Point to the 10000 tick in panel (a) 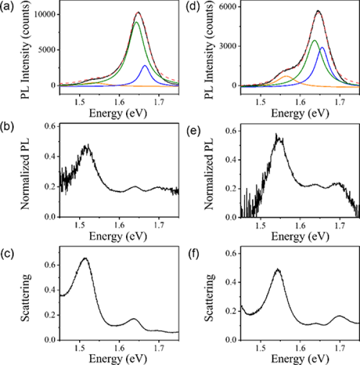point(43,13)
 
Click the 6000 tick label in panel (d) point(226,7)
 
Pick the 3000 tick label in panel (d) point(226,46)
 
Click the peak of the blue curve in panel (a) point(145,66)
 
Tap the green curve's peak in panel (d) point(314,41)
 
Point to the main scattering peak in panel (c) point(85,258)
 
